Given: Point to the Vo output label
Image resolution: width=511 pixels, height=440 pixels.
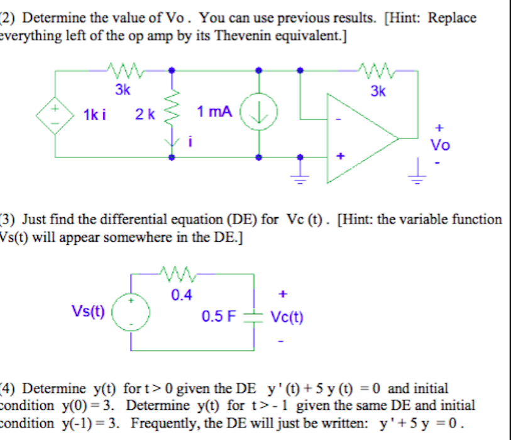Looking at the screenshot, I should (x=440, y=145).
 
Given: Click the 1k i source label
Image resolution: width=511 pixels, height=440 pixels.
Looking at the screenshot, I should (x=94, y=115).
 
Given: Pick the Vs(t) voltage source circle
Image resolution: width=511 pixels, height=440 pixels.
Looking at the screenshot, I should (x=131, y=312).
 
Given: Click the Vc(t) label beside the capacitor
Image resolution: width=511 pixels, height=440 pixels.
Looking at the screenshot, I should (x=286, y=317).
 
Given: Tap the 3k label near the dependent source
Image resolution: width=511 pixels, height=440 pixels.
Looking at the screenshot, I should (x=123, y=90).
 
